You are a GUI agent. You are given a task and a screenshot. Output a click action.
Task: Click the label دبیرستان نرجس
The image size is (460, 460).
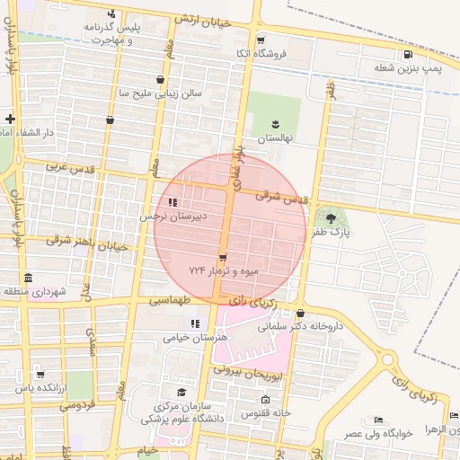pos(173,217)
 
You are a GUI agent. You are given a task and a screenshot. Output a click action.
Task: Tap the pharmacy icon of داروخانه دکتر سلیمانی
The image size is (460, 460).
pos(312,314)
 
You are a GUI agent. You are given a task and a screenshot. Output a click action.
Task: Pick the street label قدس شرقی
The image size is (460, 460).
pos(281,196)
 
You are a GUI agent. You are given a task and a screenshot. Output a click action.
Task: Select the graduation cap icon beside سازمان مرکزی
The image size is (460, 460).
pos(181,393)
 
